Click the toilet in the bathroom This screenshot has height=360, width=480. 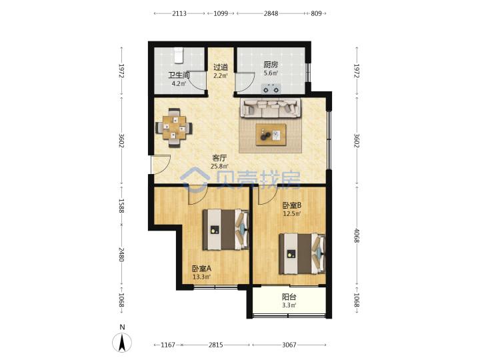[x=179, y=55]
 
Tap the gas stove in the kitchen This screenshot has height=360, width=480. [x=271, y=89]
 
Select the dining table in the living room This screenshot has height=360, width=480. [x=174, y=127]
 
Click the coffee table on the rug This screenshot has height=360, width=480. [x=271, y=135]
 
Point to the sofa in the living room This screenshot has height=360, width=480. [x=270, y=108]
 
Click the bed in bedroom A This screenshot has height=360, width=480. [x=225, y=229]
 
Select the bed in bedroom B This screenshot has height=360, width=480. [x=302, y=254]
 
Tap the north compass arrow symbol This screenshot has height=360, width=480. [x=122, y=342]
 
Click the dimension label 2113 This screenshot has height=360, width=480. [x=179, y=13]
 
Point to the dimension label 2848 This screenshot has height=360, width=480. [x=271, y=13]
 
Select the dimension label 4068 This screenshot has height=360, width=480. [x=356, y=235]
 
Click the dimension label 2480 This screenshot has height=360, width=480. [x=121, y=255]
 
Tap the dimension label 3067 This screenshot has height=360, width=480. [x=289, y=345]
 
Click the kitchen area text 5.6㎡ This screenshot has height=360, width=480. [x=271, y=73]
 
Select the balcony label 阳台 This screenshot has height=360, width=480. [x=289, y=297]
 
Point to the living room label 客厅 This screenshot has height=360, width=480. [x=219, y=158]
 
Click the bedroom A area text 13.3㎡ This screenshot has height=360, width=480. [x=201, y=277]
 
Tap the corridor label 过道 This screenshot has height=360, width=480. [x=221, y=67]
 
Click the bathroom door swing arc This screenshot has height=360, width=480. [x=197, y=81]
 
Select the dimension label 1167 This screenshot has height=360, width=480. [x=168, y=345]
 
